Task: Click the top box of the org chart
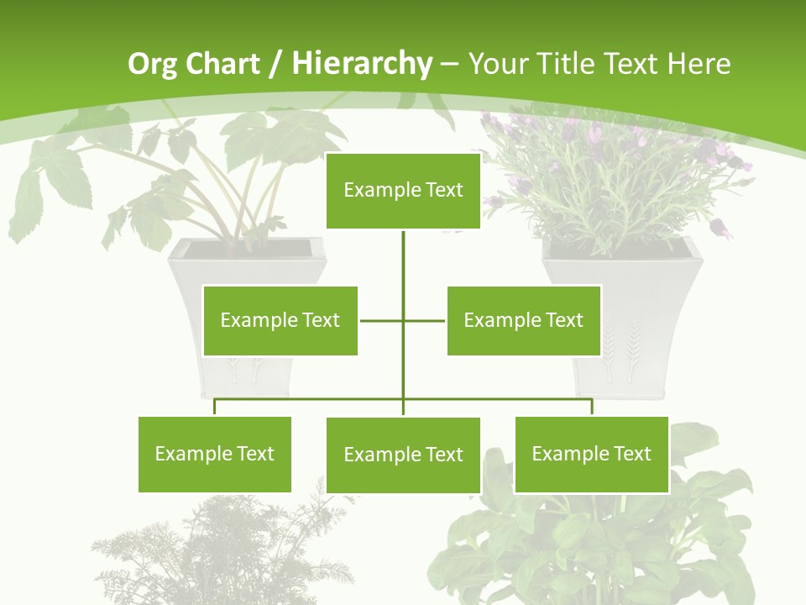tap(403, 191)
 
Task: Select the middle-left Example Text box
tap(280, 320)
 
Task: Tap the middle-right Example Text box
tap(523, 320)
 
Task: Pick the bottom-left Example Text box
tap(214, 454)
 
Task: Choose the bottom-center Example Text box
tap(403, 455)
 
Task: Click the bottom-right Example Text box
tap(591, 454)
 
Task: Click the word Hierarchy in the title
tap(362, 63)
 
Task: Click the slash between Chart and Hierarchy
tap(277, 64)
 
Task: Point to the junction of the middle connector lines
tap(403, 320)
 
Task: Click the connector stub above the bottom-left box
tap(215, 407)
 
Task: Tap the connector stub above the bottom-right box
tap(592, 407)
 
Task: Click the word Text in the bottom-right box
tap(632, 454)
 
